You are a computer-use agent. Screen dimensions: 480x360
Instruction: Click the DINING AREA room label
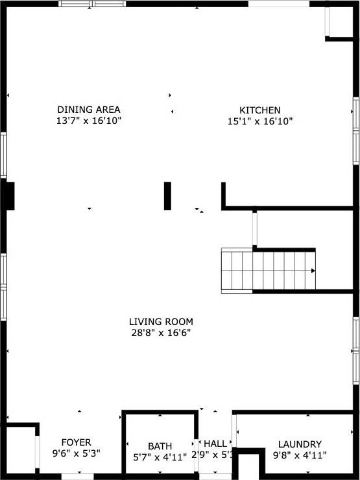click(x=89, y=110)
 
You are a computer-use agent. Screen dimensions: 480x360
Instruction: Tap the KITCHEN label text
click(x=260, y=110)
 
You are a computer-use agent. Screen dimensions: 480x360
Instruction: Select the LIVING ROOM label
click(x=161, y=321)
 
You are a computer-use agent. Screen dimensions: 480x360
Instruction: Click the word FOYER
click(x=76, y=442)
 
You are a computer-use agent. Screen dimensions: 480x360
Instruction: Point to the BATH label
click(x=160, y=446)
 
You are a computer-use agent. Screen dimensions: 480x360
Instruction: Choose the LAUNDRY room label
click(x=300, y=444)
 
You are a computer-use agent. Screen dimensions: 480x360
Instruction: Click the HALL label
click(x=215, y=443)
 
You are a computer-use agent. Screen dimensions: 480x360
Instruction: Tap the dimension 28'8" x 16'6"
click(x=161, y=333)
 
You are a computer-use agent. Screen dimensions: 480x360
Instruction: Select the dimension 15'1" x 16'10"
click(x=260, y=121)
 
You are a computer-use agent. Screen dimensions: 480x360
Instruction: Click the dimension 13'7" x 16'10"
click(x=89, y=121)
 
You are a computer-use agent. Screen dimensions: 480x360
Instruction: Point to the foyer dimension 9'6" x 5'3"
click(x=76, y=453)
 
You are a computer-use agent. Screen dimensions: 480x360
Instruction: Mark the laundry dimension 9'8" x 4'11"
click(x=300, y=455)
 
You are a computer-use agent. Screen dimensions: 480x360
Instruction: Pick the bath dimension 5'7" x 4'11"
click(x=160, y=457)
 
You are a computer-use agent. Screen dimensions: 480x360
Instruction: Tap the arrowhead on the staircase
click(x=313, y=270)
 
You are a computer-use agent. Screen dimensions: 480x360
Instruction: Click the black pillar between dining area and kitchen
click(x=167, y=196)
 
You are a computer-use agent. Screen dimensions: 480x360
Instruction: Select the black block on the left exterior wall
click(x=8, y=196)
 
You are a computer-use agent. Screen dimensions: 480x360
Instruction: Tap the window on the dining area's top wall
click(x=91, y=4)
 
